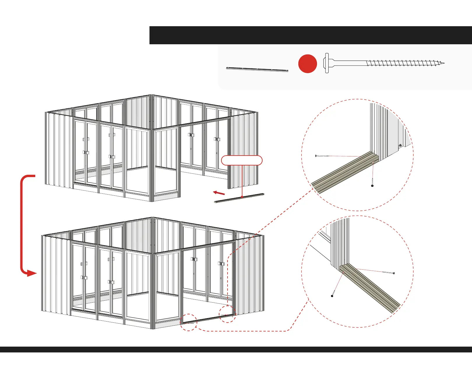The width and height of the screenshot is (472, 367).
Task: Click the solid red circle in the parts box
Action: (307, 63)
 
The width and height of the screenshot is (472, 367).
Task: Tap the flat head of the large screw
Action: (327, 63)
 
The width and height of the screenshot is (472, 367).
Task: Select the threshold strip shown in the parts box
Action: (257, 69)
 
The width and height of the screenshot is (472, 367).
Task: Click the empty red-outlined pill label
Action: (242, 160)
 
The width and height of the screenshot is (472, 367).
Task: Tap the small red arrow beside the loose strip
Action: (219, 193)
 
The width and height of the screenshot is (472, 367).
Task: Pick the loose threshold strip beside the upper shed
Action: (239, 198)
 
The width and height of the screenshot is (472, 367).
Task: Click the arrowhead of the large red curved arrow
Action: (31, 273)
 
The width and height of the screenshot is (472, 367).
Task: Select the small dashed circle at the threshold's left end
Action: (189, 322)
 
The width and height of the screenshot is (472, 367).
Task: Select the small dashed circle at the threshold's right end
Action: (227, 314)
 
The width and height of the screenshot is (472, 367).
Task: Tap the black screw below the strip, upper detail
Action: (372, 185)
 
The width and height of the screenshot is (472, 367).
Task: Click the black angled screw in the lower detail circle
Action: (332, 296)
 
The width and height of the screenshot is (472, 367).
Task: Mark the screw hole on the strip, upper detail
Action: (374, 162)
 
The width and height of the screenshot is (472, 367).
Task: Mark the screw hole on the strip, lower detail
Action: (343, 273)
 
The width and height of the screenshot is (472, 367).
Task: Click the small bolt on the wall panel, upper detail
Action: (401, 145)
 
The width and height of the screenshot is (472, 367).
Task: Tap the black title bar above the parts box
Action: (311, 35)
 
